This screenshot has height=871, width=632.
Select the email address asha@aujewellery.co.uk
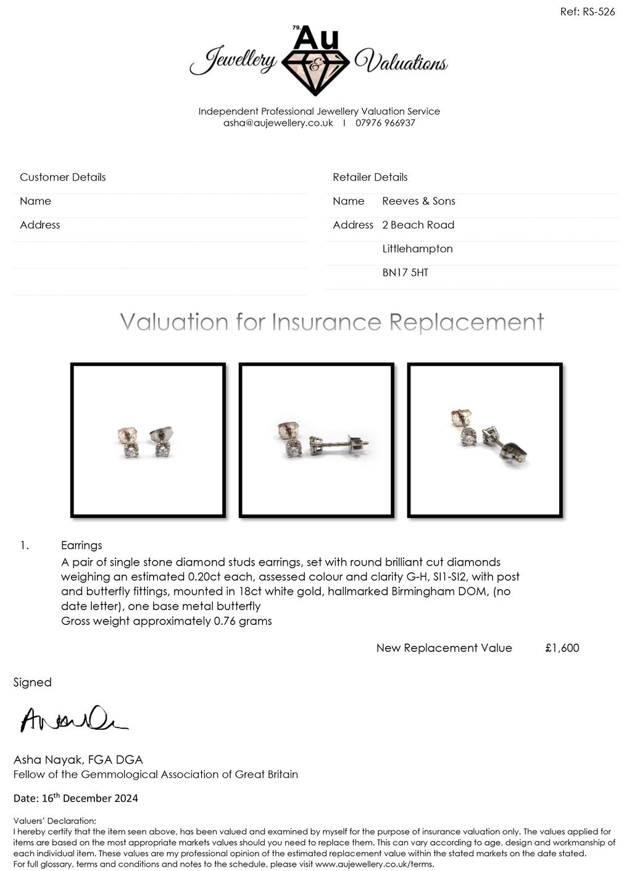coord(278,123)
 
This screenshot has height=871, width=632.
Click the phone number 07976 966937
coord(385,123)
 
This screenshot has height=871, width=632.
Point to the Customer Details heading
coord(62,177)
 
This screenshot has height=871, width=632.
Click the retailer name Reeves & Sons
coord(418,201)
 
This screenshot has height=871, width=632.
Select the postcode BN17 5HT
coord(405,273)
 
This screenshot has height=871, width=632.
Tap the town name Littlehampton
coord(417,249)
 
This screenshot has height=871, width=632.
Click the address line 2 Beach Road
coord(418,225)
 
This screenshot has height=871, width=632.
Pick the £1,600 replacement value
coord(562,648)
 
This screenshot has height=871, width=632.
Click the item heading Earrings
coord(81,545)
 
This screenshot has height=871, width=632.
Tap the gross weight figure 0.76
coord(224,621)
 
